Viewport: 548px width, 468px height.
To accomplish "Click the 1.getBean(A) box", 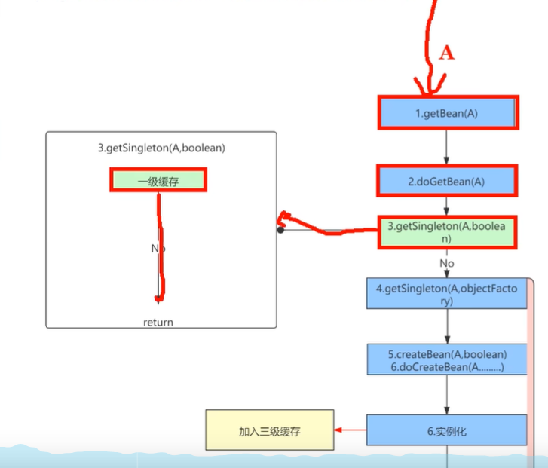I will [x=446, y=113].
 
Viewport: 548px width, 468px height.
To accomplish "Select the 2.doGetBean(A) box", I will [x=446, y=181].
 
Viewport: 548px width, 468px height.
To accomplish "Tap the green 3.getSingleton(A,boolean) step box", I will [x=446, y=231].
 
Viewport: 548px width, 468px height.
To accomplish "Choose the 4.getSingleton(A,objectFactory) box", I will [x=446, y=294].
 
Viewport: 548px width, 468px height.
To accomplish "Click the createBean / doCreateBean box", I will [x=446, y=359].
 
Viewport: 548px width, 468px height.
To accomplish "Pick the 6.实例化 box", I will [x=446, y=430].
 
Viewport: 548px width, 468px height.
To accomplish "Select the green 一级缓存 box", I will [x=158, y=180].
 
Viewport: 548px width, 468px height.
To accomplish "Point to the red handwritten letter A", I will [x=447, y=52].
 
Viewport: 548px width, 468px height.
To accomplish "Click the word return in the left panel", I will [x=158, y=323].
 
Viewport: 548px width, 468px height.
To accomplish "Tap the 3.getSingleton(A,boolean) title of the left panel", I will [x=161, y=148].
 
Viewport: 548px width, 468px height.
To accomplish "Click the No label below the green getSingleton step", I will [x=447, y=264].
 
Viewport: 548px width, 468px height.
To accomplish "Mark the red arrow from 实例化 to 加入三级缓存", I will [x=350, y=430].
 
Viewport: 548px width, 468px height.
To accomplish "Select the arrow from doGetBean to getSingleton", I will [x=446, y=205].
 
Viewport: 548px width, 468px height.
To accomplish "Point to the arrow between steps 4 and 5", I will [x=446, y=326].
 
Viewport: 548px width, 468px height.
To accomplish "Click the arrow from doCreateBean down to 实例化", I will [x=446, y=394].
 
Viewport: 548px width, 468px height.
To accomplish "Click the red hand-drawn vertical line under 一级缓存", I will [x=161, y=249].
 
